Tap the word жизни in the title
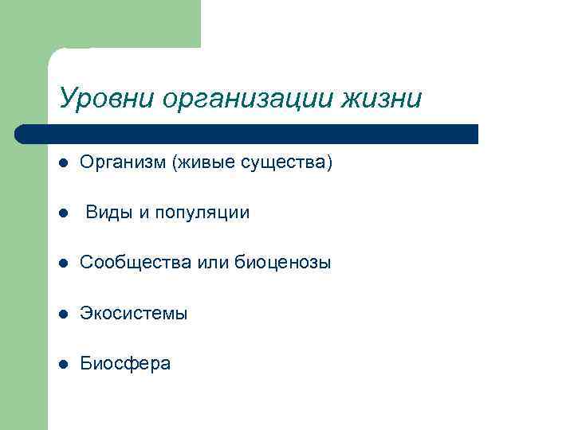tap(382, 99)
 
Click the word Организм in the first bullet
tap(118, 163)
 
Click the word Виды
tap(108, 213)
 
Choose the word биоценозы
tap(283, 263)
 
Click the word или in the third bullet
tap(209, 263)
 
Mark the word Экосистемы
tap(134, 314)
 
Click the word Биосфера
tap(125, 364)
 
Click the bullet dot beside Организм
tap(63, 164)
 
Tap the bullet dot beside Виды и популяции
tap(63, 213)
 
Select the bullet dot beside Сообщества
tap(63, 264)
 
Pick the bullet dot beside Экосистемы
tap(63, 314)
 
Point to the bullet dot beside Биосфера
tap(63, 364)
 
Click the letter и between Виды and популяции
tap(143, 213)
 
